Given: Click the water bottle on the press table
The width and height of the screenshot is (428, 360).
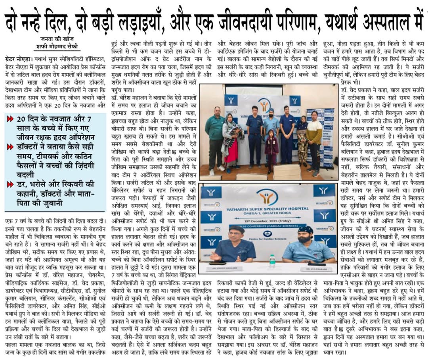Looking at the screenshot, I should click(272, 260).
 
